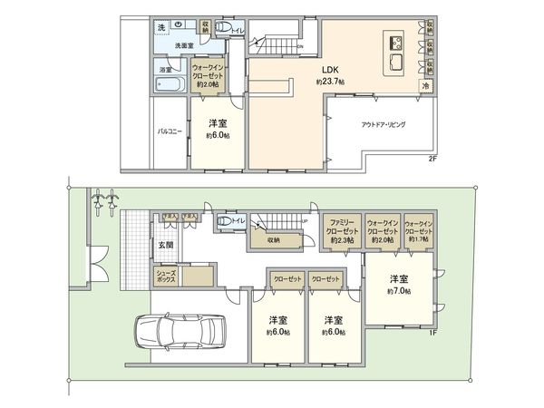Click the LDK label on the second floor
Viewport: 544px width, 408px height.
pyautogui.click(x=325, y=70)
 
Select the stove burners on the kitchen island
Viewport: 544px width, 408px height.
pyautogui.click(x=395, y=44)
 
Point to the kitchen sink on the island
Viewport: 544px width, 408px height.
pyautogui.click(x=397, y=62)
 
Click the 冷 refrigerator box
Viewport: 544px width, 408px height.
pyautogui.click(x=425, y=85)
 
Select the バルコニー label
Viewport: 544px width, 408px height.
pyautogui.click(x=170, y=131)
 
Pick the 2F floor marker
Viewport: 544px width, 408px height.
pyautogui.click(x=432, y=159)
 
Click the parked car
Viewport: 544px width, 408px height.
pyautogui.click(x=180, y=332)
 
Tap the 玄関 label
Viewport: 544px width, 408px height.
pyautogui.click(x=165, y=245)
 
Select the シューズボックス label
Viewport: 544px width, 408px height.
pyautogui.click(x=165, y=276)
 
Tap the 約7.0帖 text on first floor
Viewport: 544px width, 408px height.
pyautogui.click(x=398, y=291)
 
